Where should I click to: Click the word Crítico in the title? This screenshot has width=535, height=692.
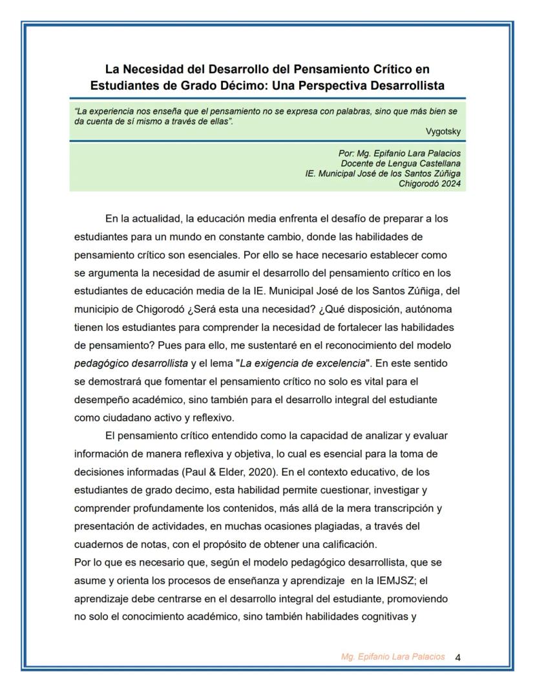[388, 68]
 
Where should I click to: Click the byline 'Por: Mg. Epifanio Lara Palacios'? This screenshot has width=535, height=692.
[399, 154]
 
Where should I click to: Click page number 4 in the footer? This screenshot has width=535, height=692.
[458, 658]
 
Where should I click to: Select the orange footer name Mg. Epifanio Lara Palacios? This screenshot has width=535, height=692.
[393, 657]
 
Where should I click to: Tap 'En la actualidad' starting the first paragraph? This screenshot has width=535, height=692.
[140, 218]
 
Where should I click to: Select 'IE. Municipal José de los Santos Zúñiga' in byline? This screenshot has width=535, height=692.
[383, 174]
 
